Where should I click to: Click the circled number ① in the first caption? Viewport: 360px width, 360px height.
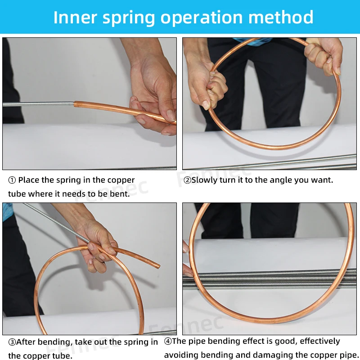point(12,180)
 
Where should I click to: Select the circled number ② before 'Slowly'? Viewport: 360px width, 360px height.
point(187,180)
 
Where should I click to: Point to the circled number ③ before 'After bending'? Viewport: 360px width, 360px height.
point(12,342)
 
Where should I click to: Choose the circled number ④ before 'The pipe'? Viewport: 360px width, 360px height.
point(168,341)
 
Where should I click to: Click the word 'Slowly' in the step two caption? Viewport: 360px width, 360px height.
point(205,180)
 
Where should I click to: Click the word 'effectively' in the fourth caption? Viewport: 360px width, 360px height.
point(320,341)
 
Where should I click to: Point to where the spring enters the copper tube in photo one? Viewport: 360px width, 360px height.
point(75,104)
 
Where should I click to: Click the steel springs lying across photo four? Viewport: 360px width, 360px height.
point(270,279)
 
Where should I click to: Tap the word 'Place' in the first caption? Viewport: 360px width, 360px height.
point(29,180)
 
